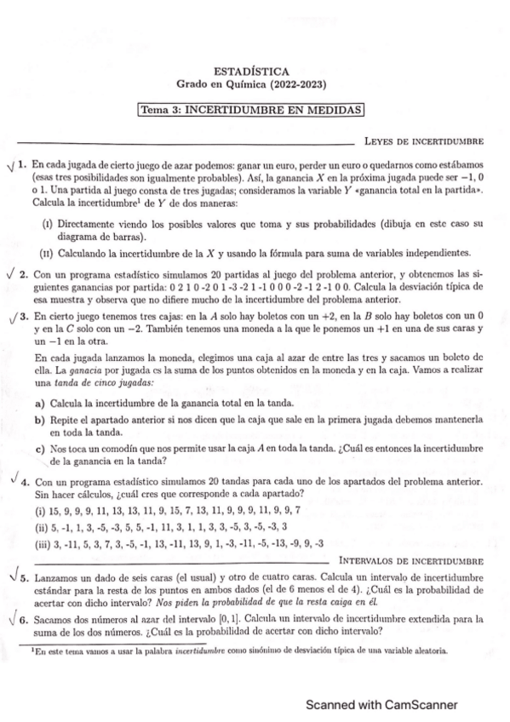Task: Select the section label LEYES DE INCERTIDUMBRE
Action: click(x=423, y=140)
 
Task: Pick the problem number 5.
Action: click(x=24, y=578)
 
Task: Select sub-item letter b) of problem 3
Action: click(x=39, y=420)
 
